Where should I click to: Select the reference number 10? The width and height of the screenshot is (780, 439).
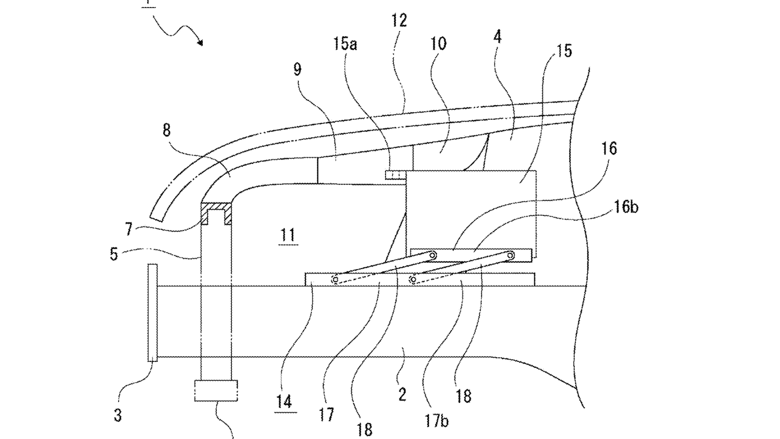[438, 43]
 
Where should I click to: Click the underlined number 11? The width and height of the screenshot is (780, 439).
[288, 236]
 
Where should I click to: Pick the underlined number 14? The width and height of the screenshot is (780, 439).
[284, 402]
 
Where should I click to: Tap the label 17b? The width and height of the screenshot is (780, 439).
[437, 421]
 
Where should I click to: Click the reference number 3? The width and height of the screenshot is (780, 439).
[118, 415]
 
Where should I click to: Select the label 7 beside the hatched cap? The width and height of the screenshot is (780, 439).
[128, 230]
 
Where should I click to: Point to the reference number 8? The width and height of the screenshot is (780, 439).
[167, 130]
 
